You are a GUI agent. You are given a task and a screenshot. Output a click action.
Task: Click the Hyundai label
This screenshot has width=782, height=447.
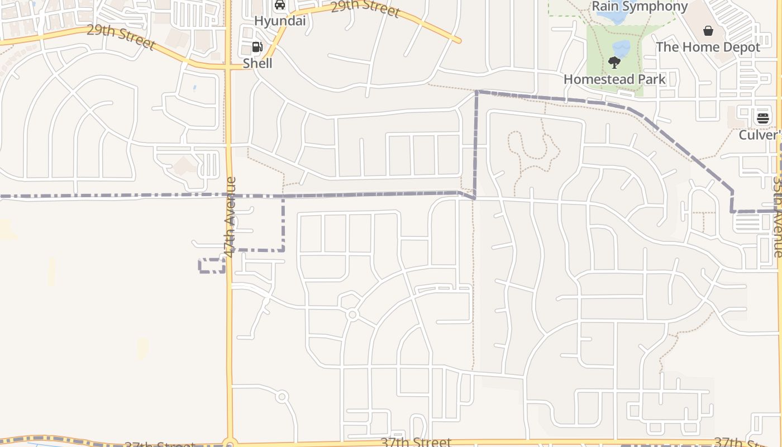tap(280, 21)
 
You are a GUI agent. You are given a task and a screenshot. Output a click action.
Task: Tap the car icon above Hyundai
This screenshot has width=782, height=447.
tap(280, 6)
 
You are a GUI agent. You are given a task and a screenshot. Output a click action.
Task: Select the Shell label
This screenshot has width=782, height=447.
tap(258, 64)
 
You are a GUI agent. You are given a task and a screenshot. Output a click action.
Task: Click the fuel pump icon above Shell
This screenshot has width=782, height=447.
tap(257, 47)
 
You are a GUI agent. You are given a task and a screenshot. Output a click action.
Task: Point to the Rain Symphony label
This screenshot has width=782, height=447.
tap(640, 7)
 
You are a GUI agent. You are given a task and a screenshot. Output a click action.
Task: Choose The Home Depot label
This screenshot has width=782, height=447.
tap(708, 47)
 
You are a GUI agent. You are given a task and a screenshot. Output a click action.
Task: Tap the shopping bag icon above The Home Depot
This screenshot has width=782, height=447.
tap(708, 31)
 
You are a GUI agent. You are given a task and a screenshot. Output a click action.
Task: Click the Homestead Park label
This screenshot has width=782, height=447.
tap(614, 79)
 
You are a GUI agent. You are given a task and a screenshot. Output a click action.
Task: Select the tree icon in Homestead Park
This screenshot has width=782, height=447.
tap(614, 63)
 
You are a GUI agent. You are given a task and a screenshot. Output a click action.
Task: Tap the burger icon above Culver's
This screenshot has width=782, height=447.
tap(762, 118)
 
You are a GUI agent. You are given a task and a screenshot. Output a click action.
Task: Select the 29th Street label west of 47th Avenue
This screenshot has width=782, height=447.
tap(121, 37)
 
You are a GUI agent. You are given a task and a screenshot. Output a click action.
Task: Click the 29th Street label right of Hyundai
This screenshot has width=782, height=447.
tap(365, 8)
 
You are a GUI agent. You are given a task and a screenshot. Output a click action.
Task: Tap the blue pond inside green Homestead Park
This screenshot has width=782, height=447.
tap(622, 47)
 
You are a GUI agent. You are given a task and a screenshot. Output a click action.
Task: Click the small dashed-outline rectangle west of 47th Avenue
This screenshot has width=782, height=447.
tap(212, 265)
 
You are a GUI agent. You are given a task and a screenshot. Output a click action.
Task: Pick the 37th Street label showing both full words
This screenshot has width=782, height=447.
tap(416, 442)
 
